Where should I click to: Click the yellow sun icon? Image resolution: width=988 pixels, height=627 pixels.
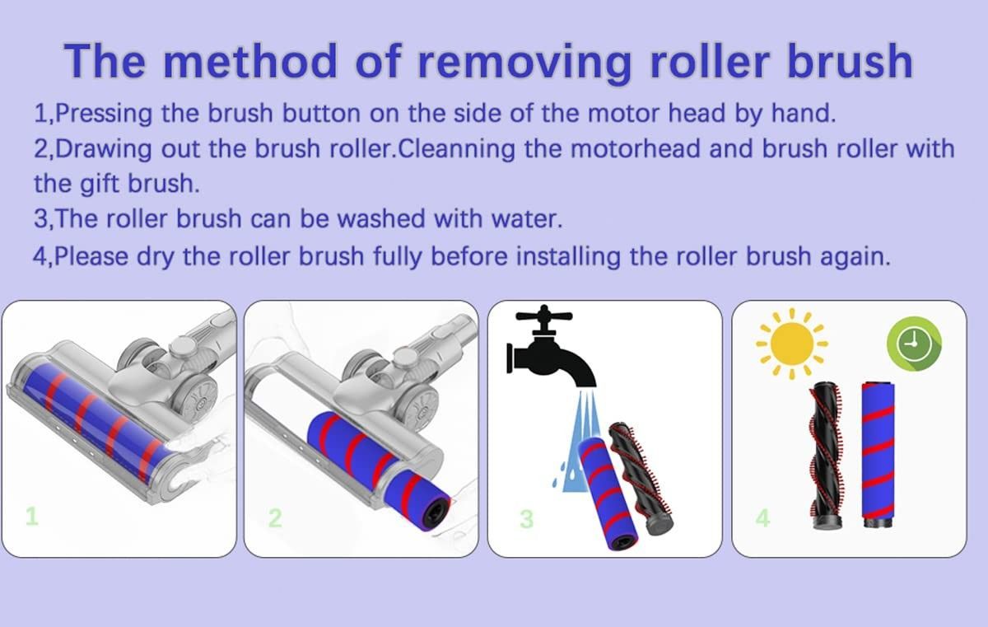(x=792, y=344)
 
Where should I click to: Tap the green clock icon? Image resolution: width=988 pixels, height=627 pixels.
(x=915, y=344)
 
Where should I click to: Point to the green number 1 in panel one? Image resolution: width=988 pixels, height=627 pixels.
(x=32, y=516)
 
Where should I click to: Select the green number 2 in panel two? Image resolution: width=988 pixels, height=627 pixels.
(x=275, y=517)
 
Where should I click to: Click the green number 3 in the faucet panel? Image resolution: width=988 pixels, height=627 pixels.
(x=527, y=519)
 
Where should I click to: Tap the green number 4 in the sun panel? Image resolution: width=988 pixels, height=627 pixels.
(x=762, y=517)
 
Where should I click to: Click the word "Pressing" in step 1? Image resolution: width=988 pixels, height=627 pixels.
(x=104, y=114)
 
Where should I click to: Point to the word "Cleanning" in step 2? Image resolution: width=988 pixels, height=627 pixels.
(x=456, y=148)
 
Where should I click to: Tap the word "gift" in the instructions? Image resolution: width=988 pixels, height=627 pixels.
(x=100, y=183)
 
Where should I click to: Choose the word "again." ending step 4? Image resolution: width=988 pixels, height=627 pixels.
(x=855, y=256)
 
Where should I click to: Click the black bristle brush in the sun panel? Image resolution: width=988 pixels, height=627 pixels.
(x=826, y=456)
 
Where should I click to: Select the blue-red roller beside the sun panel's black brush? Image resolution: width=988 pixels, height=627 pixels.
(x=878, y=455)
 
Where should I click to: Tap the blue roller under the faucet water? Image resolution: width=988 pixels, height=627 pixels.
(x=608, y=494)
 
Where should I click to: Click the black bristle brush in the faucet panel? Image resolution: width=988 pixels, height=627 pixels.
(x=641, y=479)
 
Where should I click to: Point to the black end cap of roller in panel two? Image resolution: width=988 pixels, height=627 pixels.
(x=436, y=513)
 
